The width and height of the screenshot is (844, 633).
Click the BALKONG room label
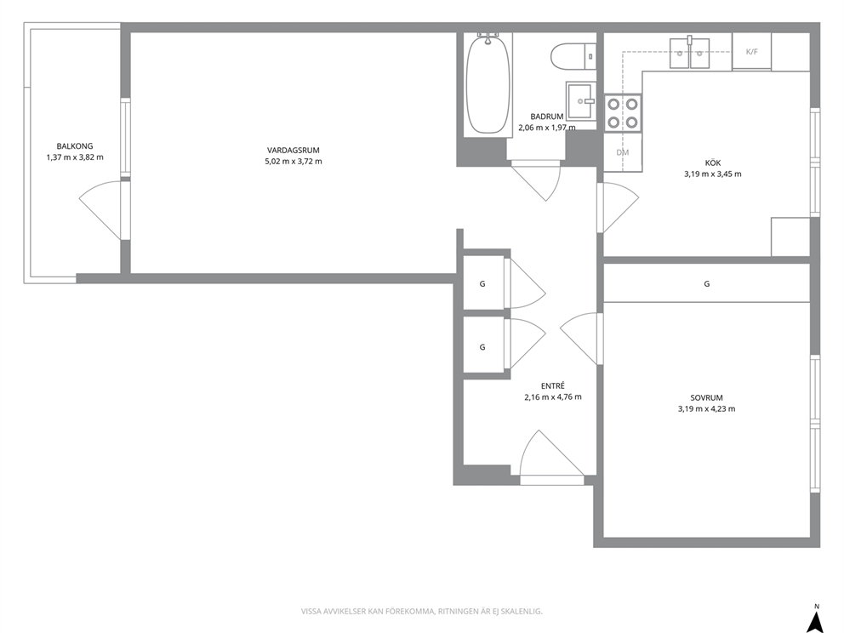(75, 145)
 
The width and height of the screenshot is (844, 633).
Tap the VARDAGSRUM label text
(294, 151)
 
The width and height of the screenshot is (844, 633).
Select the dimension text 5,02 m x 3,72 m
(294, 162)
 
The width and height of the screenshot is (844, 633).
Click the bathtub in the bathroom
(488, 83)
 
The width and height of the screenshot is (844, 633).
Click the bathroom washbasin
(580, 100)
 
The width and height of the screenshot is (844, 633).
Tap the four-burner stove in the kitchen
(623, 113)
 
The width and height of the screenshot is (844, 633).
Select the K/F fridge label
(751, 52)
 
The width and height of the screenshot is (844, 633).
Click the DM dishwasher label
(622, 152)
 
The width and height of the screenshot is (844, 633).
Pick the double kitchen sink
(689, 53)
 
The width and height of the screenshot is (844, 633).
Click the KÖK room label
(713, 163)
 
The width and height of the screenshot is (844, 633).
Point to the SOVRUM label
(707, 398)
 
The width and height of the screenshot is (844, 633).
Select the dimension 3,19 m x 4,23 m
(707, 408)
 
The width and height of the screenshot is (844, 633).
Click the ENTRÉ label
(553, 386)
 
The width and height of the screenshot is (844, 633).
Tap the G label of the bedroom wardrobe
(707, 283)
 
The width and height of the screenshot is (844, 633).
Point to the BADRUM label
(547, 117)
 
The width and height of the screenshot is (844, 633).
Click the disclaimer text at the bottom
(421, 612)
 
